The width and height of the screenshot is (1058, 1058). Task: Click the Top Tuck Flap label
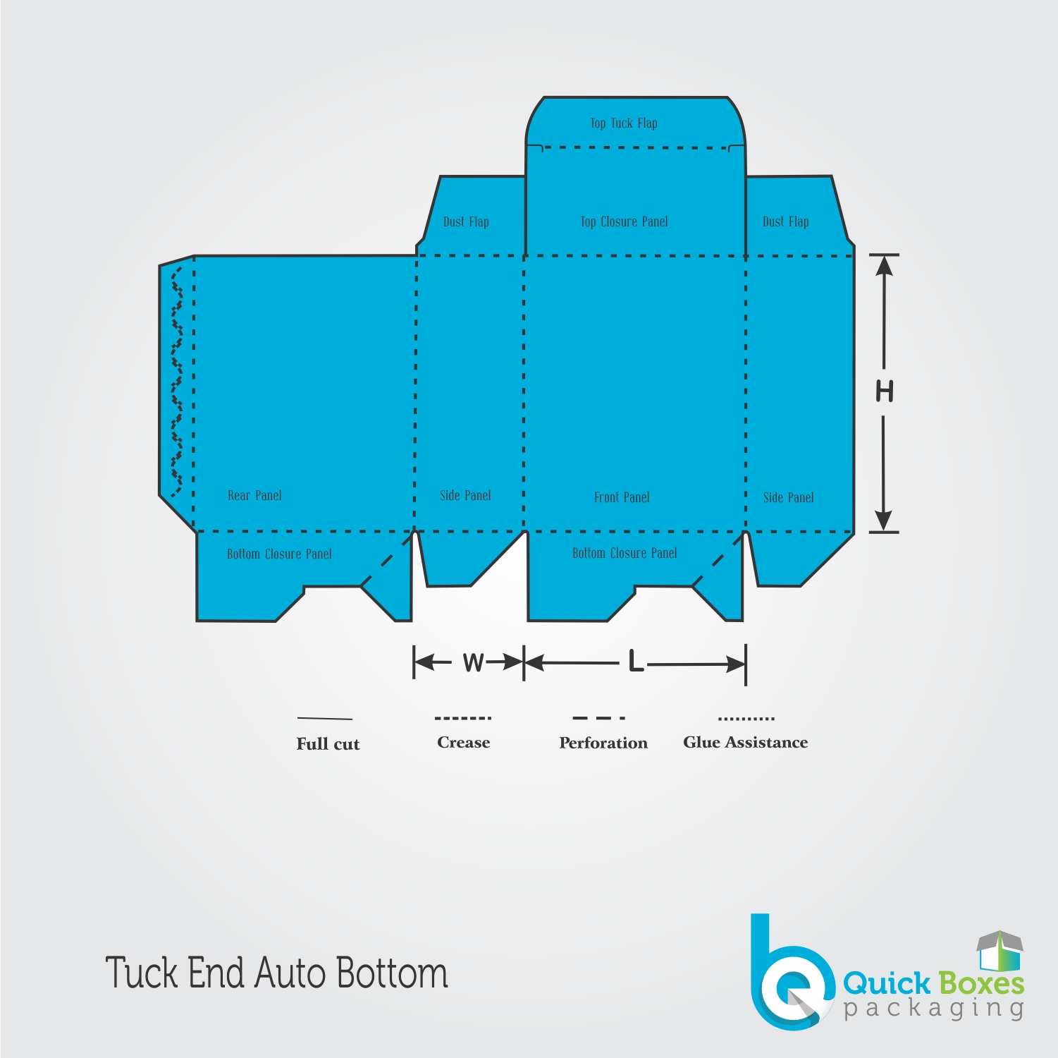click(x=624, y=123)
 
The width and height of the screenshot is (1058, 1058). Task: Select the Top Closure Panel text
click(x=624, y=221)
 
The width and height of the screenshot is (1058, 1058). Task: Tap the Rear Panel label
click(x=254, y=496)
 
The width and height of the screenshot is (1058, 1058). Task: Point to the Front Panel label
click(x=622, y=497)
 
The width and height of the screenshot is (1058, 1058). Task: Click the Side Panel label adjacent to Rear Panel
click(x=465, y=496)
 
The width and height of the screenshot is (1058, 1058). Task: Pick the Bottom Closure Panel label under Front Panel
click(x=625, y=553)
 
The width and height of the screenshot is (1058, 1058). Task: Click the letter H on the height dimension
click(x=885, y=391)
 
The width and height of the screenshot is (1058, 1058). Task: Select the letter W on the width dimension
click(x=474, y=662)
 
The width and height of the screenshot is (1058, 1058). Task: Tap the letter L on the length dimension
click(x=636, y=662)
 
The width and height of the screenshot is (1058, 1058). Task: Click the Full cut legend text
click(x=328, y=744)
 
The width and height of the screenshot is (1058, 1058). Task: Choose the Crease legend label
click(x=463, y=742)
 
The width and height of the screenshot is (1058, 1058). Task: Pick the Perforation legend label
click(x=603, y=743)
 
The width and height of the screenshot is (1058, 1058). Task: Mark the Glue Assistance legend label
click(x=746, y=742)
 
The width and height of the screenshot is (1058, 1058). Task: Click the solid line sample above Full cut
click(x=325, y=719)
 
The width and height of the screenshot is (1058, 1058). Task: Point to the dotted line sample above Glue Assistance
click(x=746, y=719)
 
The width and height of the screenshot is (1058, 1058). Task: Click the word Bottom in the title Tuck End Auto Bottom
click(x=391, y=973)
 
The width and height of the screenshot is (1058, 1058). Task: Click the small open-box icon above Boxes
click(x=999, y=951)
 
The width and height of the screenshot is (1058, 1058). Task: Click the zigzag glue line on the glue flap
click(x=177, y=381)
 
